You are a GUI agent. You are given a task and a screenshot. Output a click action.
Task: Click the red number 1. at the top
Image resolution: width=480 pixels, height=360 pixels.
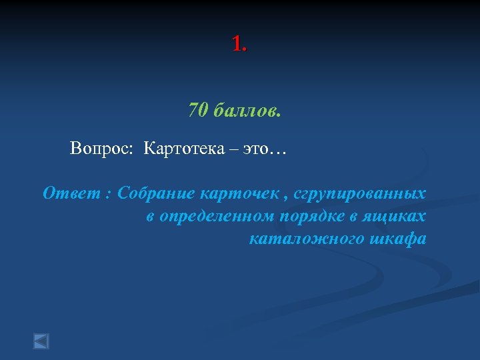[239, 45]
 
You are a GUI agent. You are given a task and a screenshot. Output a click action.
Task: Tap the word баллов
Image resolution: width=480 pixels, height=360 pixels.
[248, 110]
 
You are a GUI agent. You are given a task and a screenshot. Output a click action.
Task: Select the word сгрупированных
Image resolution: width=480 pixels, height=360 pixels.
[360, 193]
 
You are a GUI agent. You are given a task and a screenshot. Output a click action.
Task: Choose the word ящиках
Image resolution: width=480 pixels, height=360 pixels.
[399, 216]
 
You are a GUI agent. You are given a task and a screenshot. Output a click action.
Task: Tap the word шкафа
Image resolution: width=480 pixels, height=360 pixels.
[397, 239]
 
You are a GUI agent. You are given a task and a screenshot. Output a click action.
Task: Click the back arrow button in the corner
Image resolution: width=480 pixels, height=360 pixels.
[41, 341]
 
